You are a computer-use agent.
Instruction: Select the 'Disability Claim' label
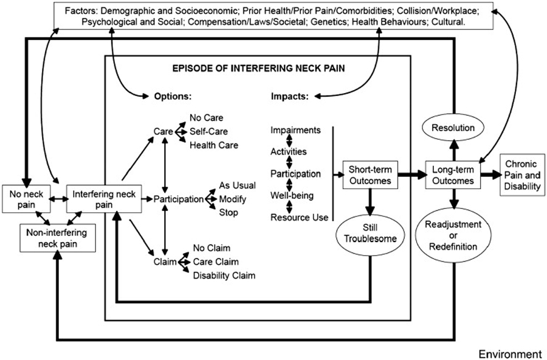coord(224,275)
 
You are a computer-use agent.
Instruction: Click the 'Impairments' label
coord(296,130)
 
